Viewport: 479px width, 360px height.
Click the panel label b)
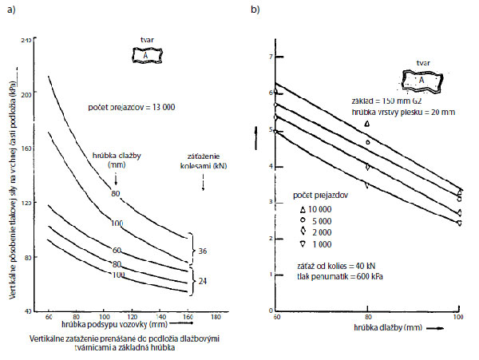point(255,9)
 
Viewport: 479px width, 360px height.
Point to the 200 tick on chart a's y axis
point(28,94)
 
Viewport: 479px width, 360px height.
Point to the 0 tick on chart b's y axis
point(271,311)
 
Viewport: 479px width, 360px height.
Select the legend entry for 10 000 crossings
point(315,207)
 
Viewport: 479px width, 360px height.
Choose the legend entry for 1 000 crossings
point(315,243)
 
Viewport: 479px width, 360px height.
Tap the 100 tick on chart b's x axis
point(459,318)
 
